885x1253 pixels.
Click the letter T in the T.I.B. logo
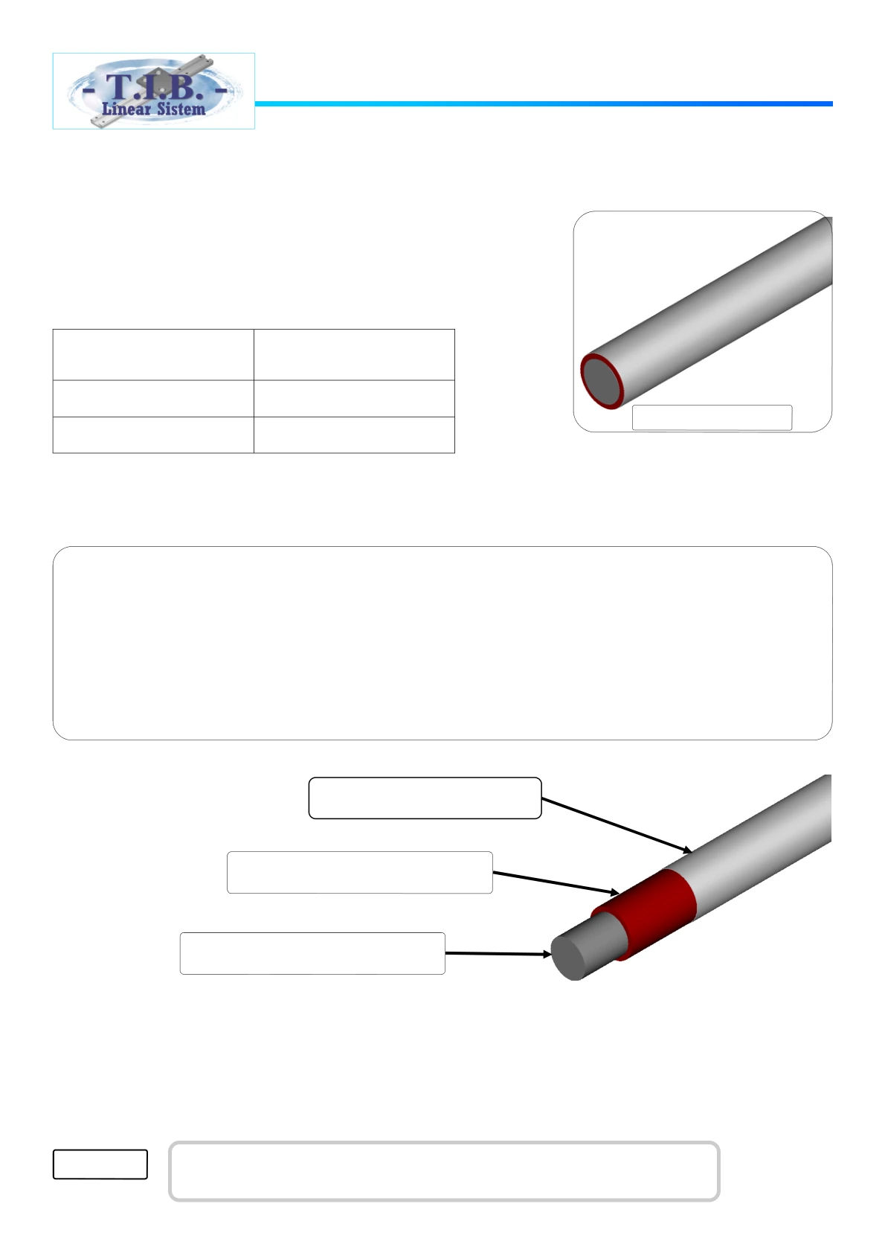click(120, 86)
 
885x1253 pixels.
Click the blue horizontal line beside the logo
click(544, 104)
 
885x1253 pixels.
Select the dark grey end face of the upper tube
click(601, 381)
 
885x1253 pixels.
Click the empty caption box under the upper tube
click(712, 417)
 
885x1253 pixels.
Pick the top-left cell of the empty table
click(153, 355)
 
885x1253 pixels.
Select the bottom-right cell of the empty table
click(354, 435)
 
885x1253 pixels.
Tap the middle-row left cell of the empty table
click(153, 398)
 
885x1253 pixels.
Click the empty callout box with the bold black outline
click(425, 798)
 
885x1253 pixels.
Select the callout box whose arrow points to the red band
click(359, 873)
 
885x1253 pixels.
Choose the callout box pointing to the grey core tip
click(312, 953)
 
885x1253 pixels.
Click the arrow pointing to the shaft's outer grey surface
click(617, 826)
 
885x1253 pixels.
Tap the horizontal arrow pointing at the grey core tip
click(498, 953)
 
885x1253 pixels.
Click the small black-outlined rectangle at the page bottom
click(100, 1164)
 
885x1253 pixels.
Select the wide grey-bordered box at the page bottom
click(444, 1170)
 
